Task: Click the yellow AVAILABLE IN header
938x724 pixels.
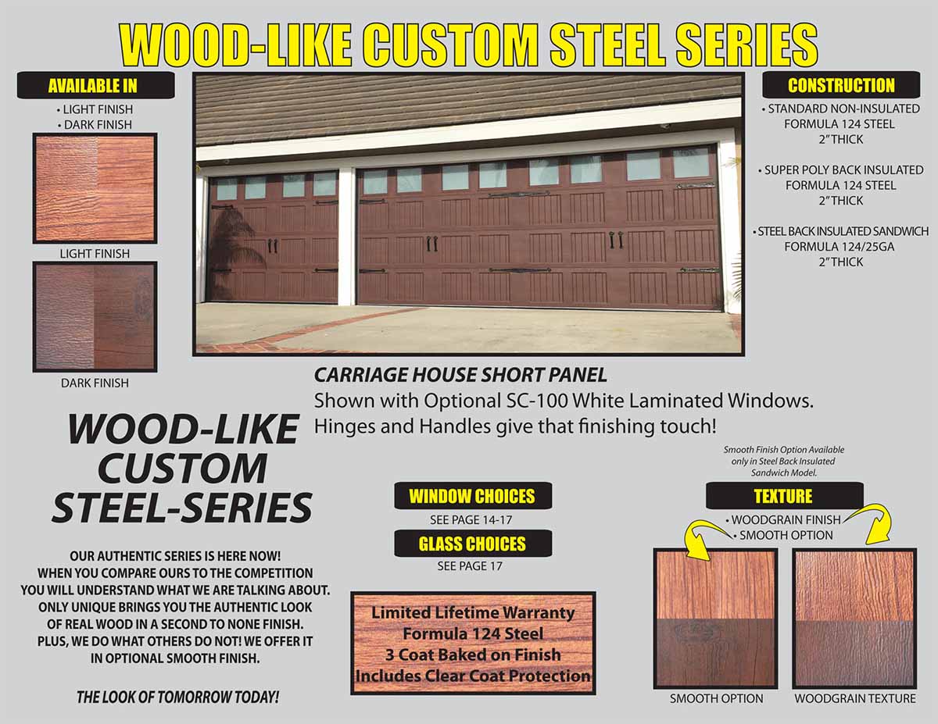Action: (x=93, y=86)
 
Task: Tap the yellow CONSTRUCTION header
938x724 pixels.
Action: (x=841, y=85)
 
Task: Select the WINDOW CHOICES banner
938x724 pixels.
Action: (x=473, y=496)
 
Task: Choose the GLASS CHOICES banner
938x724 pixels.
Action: (x=473, y=544)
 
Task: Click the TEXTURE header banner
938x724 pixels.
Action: (x=784, y=496)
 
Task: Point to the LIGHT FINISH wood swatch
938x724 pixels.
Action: (x=95, y=188)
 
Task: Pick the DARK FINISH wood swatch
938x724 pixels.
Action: (x=95, y=317)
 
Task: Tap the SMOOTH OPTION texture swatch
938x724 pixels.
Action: (x=715, y=619)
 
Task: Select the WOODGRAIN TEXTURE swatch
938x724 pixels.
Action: (x=854, y=619)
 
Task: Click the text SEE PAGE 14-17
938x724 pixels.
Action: (x=471, y=520)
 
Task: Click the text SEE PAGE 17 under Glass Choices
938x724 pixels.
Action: (x=470, y=566)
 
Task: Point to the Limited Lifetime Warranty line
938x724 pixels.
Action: (x=473, y=613)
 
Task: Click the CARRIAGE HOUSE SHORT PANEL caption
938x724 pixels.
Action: (x=460, y=375)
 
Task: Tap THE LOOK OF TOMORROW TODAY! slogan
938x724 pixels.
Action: (x=177, y=697)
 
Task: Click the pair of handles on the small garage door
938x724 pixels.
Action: (x=273, y=245)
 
